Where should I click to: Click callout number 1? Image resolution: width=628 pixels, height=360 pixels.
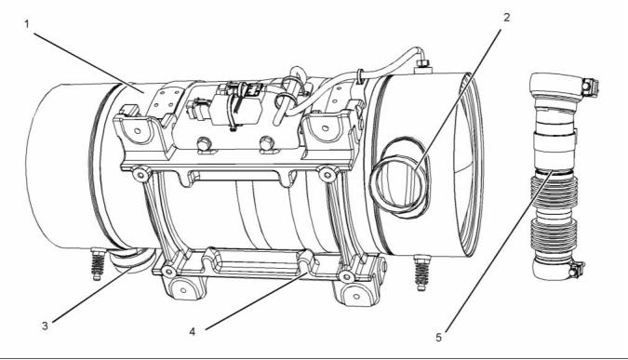point(27,24)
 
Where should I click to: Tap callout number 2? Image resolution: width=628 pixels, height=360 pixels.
point(507,18)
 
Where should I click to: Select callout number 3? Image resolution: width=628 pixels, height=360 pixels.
point(45,326)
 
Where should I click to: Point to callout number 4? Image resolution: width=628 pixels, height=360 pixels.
point(193,332)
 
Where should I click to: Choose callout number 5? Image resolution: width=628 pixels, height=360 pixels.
point(439,338)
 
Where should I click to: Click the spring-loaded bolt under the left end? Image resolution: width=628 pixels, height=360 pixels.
point(98,264)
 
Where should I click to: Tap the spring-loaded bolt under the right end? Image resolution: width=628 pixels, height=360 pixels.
point(421,273)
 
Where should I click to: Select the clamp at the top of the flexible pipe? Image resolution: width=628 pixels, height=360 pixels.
point(564,87)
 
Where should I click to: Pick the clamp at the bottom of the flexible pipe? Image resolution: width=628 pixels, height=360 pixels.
point(557,269)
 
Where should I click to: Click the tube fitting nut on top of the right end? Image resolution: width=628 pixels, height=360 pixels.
point(422,64)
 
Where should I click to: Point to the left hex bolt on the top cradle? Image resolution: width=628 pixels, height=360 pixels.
point(205,144)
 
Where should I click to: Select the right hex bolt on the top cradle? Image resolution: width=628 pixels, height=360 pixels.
point(267,143)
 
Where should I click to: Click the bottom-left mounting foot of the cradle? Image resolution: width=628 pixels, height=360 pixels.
point(183,289)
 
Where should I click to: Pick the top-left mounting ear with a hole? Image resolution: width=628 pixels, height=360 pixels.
point(137,129)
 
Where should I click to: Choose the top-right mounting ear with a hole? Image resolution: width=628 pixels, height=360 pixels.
point(326,127)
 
